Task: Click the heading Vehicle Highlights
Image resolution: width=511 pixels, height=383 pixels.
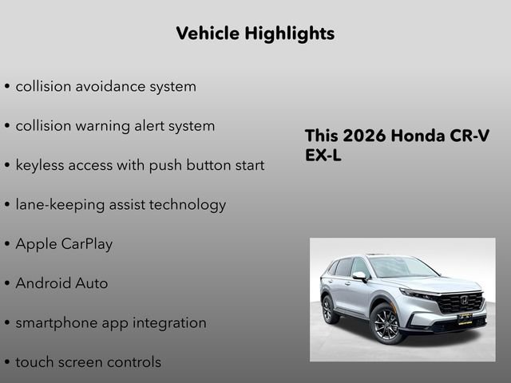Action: coord(255,34)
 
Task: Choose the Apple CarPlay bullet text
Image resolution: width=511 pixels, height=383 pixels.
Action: coord(64,244)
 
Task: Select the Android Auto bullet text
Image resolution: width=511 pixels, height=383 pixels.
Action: coord(61,283)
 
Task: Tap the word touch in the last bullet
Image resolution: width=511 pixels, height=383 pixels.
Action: coord(34,362)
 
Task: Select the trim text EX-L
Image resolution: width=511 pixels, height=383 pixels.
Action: coord(323,156)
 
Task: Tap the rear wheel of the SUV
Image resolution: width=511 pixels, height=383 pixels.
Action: coord(327,309)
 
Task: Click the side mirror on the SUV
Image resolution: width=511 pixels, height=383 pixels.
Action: coord(360,277)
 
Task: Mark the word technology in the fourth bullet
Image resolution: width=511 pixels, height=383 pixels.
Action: coord(185,205)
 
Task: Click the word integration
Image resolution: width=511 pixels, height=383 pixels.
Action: coord(166,323)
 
